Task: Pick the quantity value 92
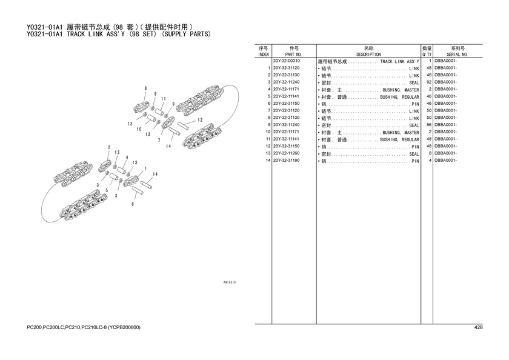(428, 82)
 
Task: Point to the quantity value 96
(428, 125)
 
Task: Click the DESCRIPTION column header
(368, 55)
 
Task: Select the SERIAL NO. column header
(457, 55)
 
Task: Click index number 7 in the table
(268, 111)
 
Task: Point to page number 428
(478, 328)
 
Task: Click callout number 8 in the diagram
(145, 89)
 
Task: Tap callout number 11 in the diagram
(164, 98)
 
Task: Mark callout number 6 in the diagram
(133, 204)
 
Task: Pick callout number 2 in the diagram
(109, 147)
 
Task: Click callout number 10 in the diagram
(139, 129)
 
